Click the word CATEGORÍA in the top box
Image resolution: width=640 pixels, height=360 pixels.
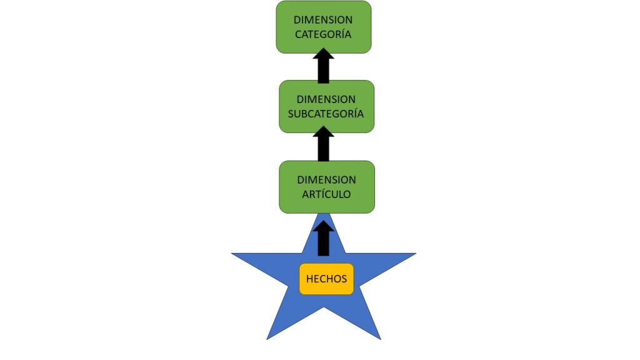[323, 34]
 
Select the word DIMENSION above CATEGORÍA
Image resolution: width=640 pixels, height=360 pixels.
[323, 20]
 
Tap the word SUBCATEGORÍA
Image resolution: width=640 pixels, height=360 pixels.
[326, 114]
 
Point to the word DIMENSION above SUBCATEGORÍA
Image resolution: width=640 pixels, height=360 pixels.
[326, 99]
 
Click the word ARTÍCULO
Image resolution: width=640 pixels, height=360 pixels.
[326, 194]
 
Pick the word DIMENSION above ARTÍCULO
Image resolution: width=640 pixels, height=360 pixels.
[326, 180]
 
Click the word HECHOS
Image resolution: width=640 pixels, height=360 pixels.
[326, 279]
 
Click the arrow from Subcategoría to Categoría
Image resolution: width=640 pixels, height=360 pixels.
[323, 67]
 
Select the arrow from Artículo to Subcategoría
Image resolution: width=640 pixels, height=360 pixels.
[323, 145]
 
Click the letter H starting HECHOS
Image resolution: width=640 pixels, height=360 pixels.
[309, 279]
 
